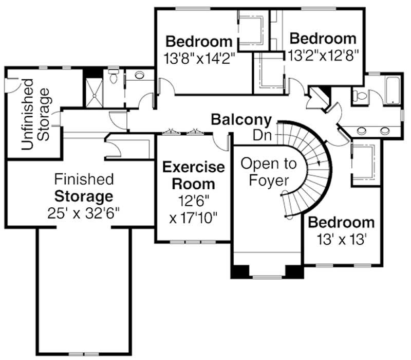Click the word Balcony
pos(241,120)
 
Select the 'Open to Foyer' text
pos(269,172)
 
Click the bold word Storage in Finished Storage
pos(84,196)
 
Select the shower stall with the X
pos(94,93)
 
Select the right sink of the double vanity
pos(385,131)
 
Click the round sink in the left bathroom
pos(139,76)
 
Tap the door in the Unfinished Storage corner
pos(9,85)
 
